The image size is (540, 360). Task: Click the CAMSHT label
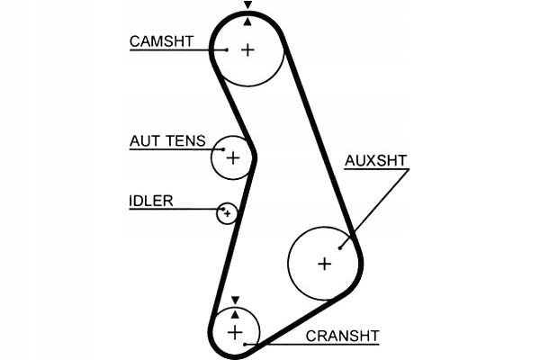(x=159, y=41)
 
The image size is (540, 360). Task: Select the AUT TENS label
(x=167, y=141)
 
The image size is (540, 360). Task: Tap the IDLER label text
(x=150, y=201)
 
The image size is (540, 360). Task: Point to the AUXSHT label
(x=375, y=161)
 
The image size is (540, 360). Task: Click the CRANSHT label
(x=342, y=336)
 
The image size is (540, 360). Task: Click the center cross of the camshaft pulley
(x=247, y=49)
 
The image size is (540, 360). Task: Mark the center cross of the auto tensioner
(x=232, y=158)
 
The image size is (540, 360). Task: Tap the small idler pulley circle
(x=227, y=213)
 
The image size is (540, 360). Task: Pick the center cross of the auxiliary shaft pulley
(x=324, y=263)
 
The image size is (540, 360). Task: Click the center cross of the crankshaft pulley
(x=235, y=333)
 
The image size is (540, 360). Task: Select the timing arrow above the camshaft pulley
(x=247, y=6)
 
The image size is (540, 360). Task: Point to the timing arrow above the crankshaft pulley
(x=235, y=300)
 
